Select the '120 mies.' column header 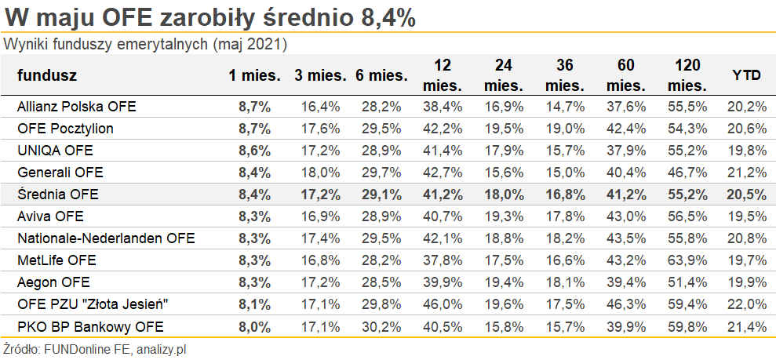[687, 75]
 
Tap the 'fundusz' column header [47, 75]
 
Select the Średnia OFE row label [58, 195]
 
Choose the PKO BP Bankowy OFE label [85, 325]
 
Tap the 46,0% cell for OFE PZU [443, 304]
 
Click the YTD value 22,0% [748, 304]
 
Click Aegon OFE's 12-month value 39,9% [443, 282]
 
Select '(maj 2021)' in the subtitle [250, 44]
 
